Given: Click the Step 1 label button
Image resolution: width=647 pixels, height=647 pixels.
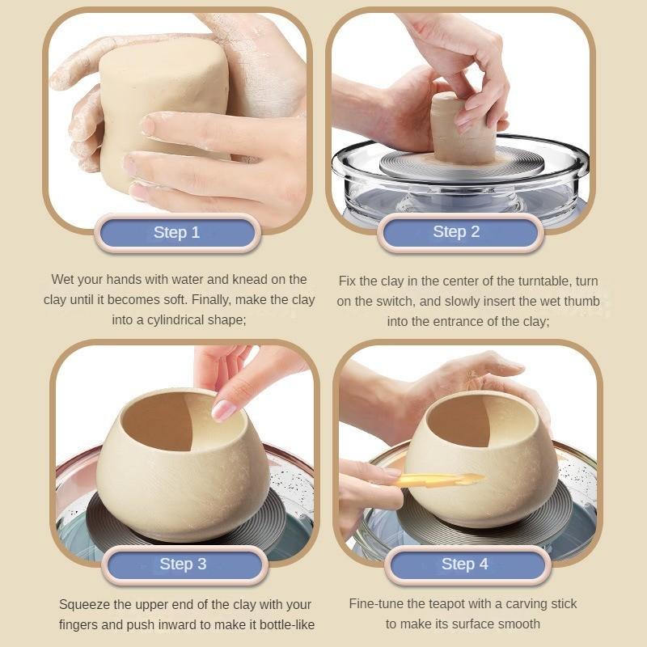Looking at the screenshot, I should coord(176,233).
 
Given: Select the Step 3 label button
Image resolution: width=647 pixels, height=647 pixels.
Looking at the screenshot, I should coord(183,564).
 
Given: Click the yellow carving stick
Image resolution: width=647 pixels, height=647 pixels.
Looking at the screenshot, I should coord(438,480).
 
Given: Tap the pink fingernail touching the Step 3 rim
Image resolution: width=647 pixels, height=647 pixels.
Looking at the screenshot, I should coord(224,409).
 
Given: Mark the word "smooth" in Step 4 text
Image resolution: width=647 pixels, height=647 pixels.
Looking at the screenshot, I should coord(518,624).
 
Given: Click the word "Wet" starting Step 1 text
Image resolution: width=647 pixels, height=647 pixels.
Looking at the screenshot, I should coord(63,279).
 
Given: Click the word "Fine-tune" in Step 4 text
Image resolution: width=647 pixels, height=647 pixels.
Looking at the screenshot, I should coord(376,603).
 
